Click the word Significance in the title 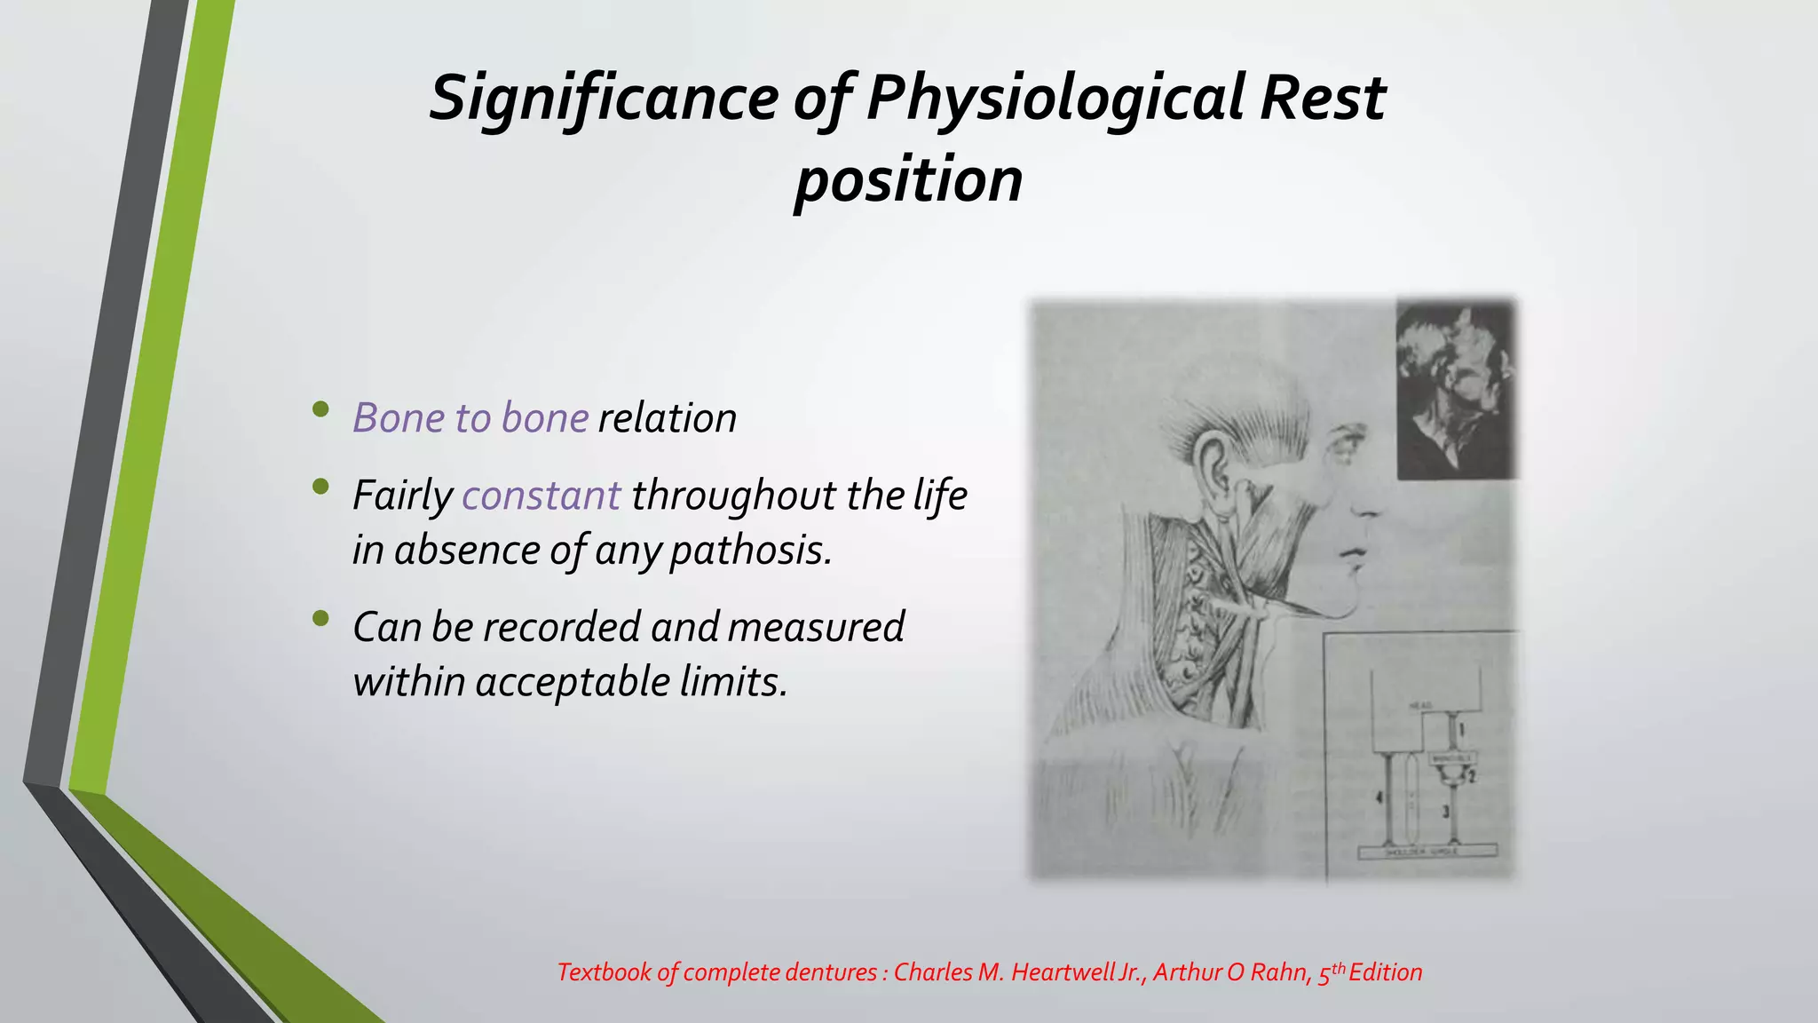click(604, 98)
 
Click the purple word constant click(541, 496)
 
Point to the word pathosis click(751, 551)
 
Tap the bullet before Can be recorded click(320, 618)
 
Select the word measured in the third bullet click(816, 627)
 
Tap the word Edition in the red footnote click(1385, 972)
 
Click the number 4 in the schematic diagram click(1379, 798)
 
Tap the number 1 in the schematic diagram click(1462, 731)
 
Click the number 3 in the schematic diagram click(1445, 811)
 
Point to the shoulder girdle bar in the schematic click(1427, 851)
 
